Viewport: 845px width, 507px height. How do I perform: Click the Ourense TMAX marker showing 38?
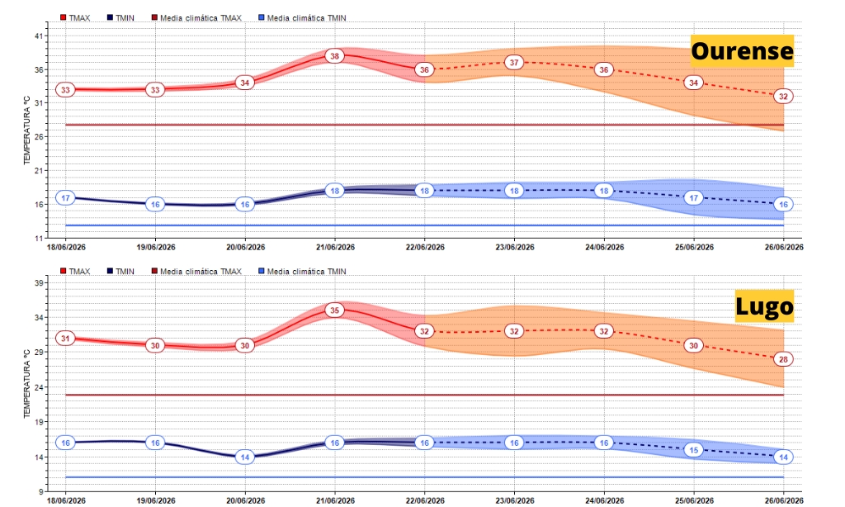[335, 56]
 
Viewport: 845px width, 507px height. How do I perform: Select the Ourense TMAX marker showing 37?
[514, 63]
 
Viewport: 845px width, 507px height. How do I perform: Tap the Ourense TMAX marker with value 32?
[783, 97]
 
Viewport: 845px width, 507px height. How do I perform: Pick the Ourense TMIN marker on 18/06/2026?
[65, 198]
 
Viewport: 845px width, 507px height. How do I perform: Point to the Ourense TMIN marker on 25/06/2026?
[693, 198]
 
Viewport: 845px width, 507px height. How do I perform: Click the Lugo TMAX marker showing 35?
[335, 310]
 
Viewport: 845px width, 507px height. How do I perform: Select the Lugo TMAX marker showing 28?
[783, 359]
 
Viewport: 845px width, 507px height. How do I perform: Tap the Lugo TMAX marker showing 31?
[65, 339]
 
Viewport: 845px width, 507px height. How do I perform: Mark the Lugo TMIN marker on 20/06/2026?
[244, 457]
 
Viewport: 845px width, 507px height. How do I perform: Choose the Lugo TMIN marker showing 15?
[693, 450]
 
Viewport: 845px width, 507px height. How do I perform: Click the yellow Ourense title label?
[742, 50]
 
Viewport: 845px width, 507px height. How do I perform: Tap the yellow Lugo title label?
[764, 306]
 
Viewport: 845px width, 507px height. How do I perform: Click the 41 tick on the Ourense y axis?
[39, 36]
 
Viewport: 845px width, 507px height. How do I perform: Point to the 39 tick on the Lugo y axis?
[39, 282]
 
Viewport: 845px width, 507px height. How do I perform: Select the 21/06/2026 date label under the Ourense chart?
[335, 247]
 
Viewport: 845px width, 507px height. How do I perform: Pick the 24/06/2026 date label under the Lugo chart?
[604, 500]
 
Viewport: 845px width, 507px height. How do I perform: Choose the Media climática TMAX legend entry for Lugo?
[196, 272]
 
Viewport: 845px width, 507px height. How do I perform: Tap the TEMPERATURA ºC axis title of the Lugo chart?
[26, 383]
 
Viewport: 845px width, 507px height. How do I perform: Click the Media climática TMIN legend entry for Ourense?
[302, 18]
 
